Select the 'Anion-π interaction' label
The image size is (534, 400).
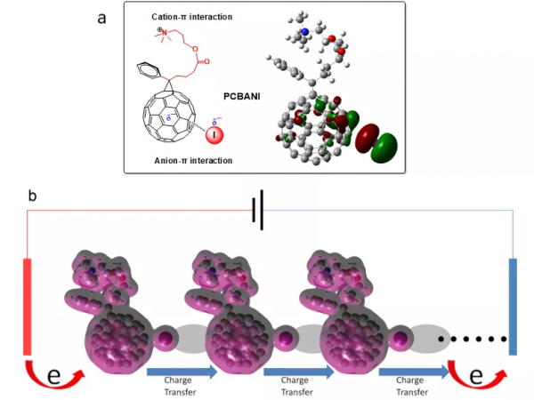(183, 160)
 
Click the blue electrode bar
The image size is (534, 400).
(514, 306)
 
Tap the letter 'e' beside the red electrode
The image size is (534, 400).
(53, 376)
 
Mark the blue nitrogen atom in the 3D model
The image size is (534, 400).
(305, 33)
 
